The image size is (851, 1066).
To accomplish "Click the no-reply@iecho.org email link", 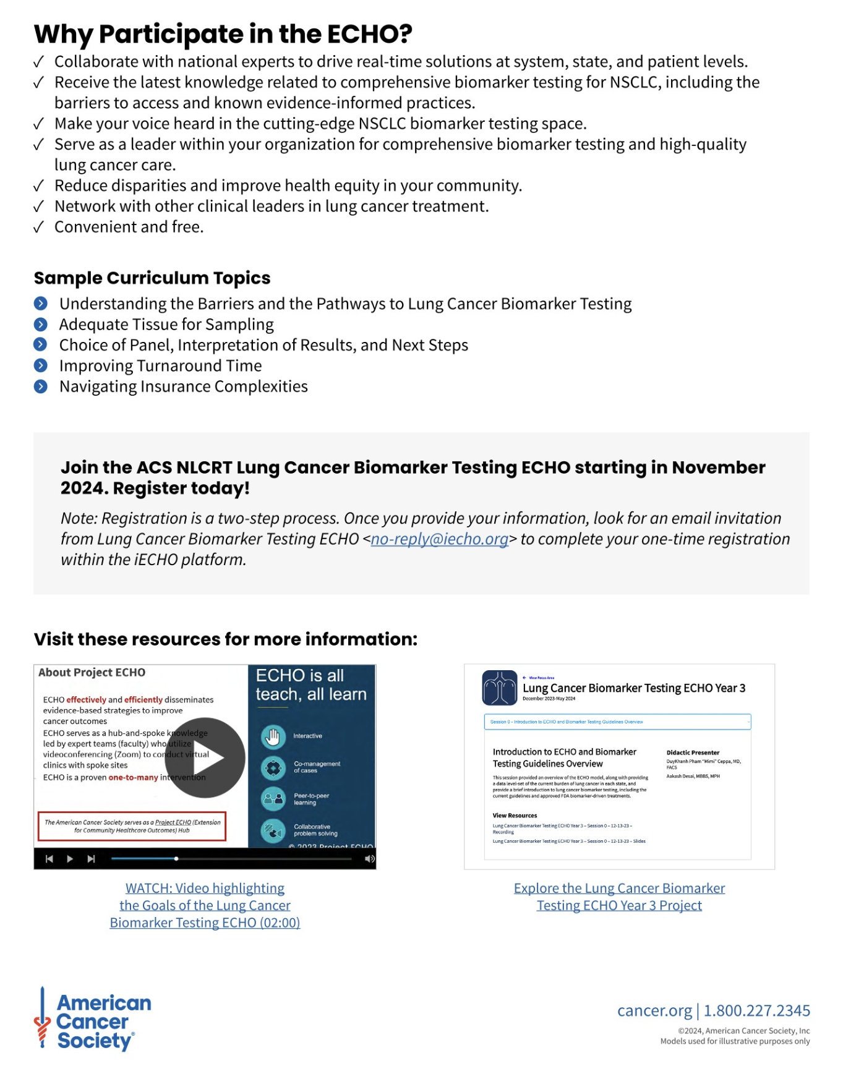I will pos(439,539).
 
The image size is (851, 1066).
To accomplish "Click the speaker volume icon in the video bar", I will pos(369,859).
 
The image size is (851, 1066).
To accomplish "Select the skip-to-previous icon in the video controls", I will pos(49,859).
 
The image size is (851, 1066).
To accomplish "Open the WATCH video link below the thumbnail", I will pos(205,905).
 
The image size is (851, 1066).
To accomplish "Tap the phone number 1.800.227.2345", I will pos(757,1011).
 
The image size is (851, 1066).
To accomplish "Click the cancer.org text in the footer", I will pos(654,1011).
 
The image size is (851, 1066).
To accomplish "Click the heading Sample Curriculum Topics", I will pos(152,278).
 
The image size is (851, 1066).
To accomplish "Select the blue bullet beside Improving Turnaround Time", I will pos(41,365).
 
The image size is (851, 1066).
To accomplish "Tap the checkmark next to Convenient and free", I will pos(39,228).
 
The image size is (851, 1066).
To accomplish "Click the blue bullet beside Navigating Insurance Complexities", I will pos(41,386).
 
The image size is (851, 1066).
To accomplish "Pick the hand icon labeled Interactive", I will pos(273,736).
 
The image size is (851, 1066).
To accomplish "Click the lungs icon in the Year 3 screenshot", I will pos(500,688).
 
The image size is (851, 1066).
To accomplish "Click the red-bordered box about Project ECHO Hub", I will pos(132,826).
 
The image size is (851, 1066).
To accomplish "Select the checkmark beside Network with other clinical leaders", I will pos(39,207).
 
